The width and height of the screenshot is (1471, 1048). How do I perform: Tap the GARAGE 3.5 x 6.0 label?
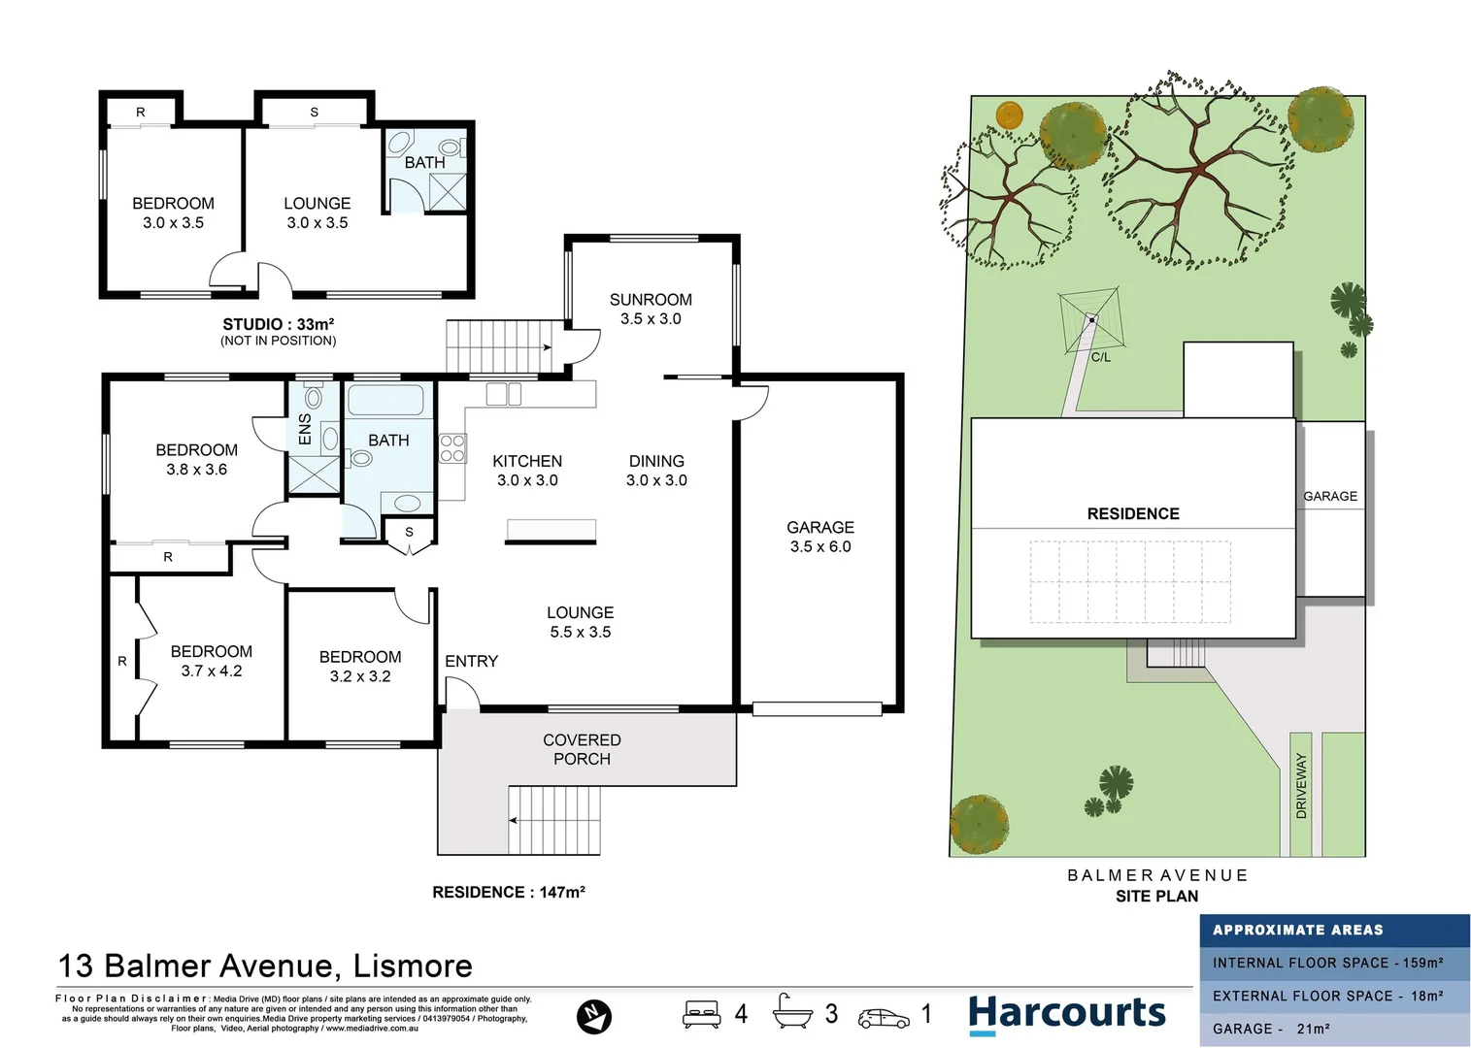[820, 537]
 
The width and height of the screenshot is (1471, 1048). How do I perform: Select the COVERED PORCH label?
[582, 749]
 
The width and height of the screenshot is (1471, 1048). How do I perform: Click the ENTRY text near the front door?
[471, 661]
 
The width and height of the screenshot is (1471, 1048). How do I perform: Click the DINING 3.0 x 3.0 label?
[656, 470]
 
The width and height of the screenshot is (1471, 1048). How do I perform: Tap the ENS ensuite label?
[305, 430]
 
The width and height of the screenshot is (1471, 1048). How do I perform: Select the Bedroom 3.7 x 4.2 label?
[212, 661]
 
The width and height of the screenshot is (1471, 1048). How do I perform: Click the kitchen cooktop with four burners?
[452, 448]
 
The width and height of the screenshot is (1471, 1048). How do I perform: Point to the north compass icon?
[593, 1016]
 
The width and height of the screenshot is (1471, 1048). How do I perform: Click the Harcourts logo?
[1066, 1014]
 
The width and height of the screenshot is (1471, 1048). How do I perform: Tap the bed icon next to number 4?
[701, 1014]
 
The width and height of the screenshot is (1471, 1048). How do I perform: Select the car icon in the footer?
[884, 1018]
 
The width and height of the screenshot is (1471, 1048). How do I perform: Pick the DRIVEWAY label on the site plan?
[1301, 786]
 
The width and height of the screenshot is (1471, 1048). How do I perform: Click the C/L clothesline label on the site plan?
[1100, 357]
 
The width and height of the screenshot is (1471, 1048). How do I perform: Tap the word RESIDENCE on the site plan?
[1133, 513]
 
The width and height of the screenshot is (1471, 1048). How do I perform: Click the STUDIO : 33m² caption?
[279, 324]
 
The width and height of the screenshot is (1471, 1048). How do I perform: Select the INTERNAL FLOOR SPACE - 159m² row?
[1327, 963]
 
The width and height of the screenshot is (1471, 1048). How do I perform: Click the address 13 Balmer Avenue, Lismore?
[265, 966]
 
